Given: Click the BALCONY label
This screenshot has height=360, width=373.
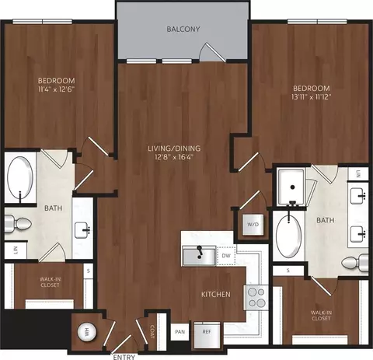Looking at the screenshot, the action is [x=183, y=29].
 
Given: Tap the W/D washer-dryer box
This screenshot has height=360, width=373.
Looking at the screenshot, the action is [x=253, y=225].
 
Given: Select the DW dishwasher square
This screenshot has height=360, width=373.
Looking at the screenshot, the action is [x=226, y=256].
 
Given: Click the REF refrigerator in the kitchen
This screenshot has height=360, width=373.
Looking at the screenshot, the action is [x=207, y=335].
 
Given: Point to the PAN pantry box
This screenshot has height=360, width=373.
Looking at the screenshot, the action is [x=180, y=332].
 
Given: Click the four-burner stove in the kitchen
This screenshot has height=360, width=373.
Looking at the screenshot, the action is [x=256, y=297].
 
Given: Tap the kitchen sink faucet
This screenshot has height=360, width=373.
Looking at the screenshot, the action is [x=199, y=252].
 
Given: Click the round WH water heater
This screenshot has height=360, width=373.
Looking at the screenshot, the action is [x=86, y=331].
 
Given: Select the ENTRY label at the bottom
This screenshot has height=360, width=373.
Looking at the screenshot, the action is [x=124, y=357].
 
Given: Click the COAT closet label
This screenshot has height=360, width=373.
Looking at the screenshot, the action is [x=152, y=331].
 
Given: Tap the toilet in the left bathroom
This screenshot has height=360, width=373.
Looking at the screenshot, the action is [x=18, y=223].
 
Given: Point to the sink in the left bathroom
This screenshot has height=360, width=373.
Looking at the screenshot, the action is [x=82, y=230].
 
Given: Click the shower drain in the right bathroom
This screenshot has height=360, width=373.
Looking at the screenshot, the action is [x=293, y=187].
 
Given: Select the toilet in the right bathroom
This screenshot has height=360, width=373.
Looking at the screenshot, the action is [x=355, y=263].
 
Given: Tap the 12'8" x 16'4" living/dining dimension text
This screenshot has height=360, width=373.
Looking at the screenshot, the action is [x=174, y=157].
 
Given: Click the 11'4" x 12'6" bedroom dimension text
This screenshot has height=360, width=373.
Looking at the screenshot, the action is [x=56, y=89].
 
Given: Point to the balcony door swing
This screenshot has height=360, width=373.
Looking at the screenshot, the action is [x=211, y=52].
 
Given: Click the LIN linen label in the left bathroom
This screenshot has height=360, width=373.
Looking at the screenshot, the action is [x=16, y=250].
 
